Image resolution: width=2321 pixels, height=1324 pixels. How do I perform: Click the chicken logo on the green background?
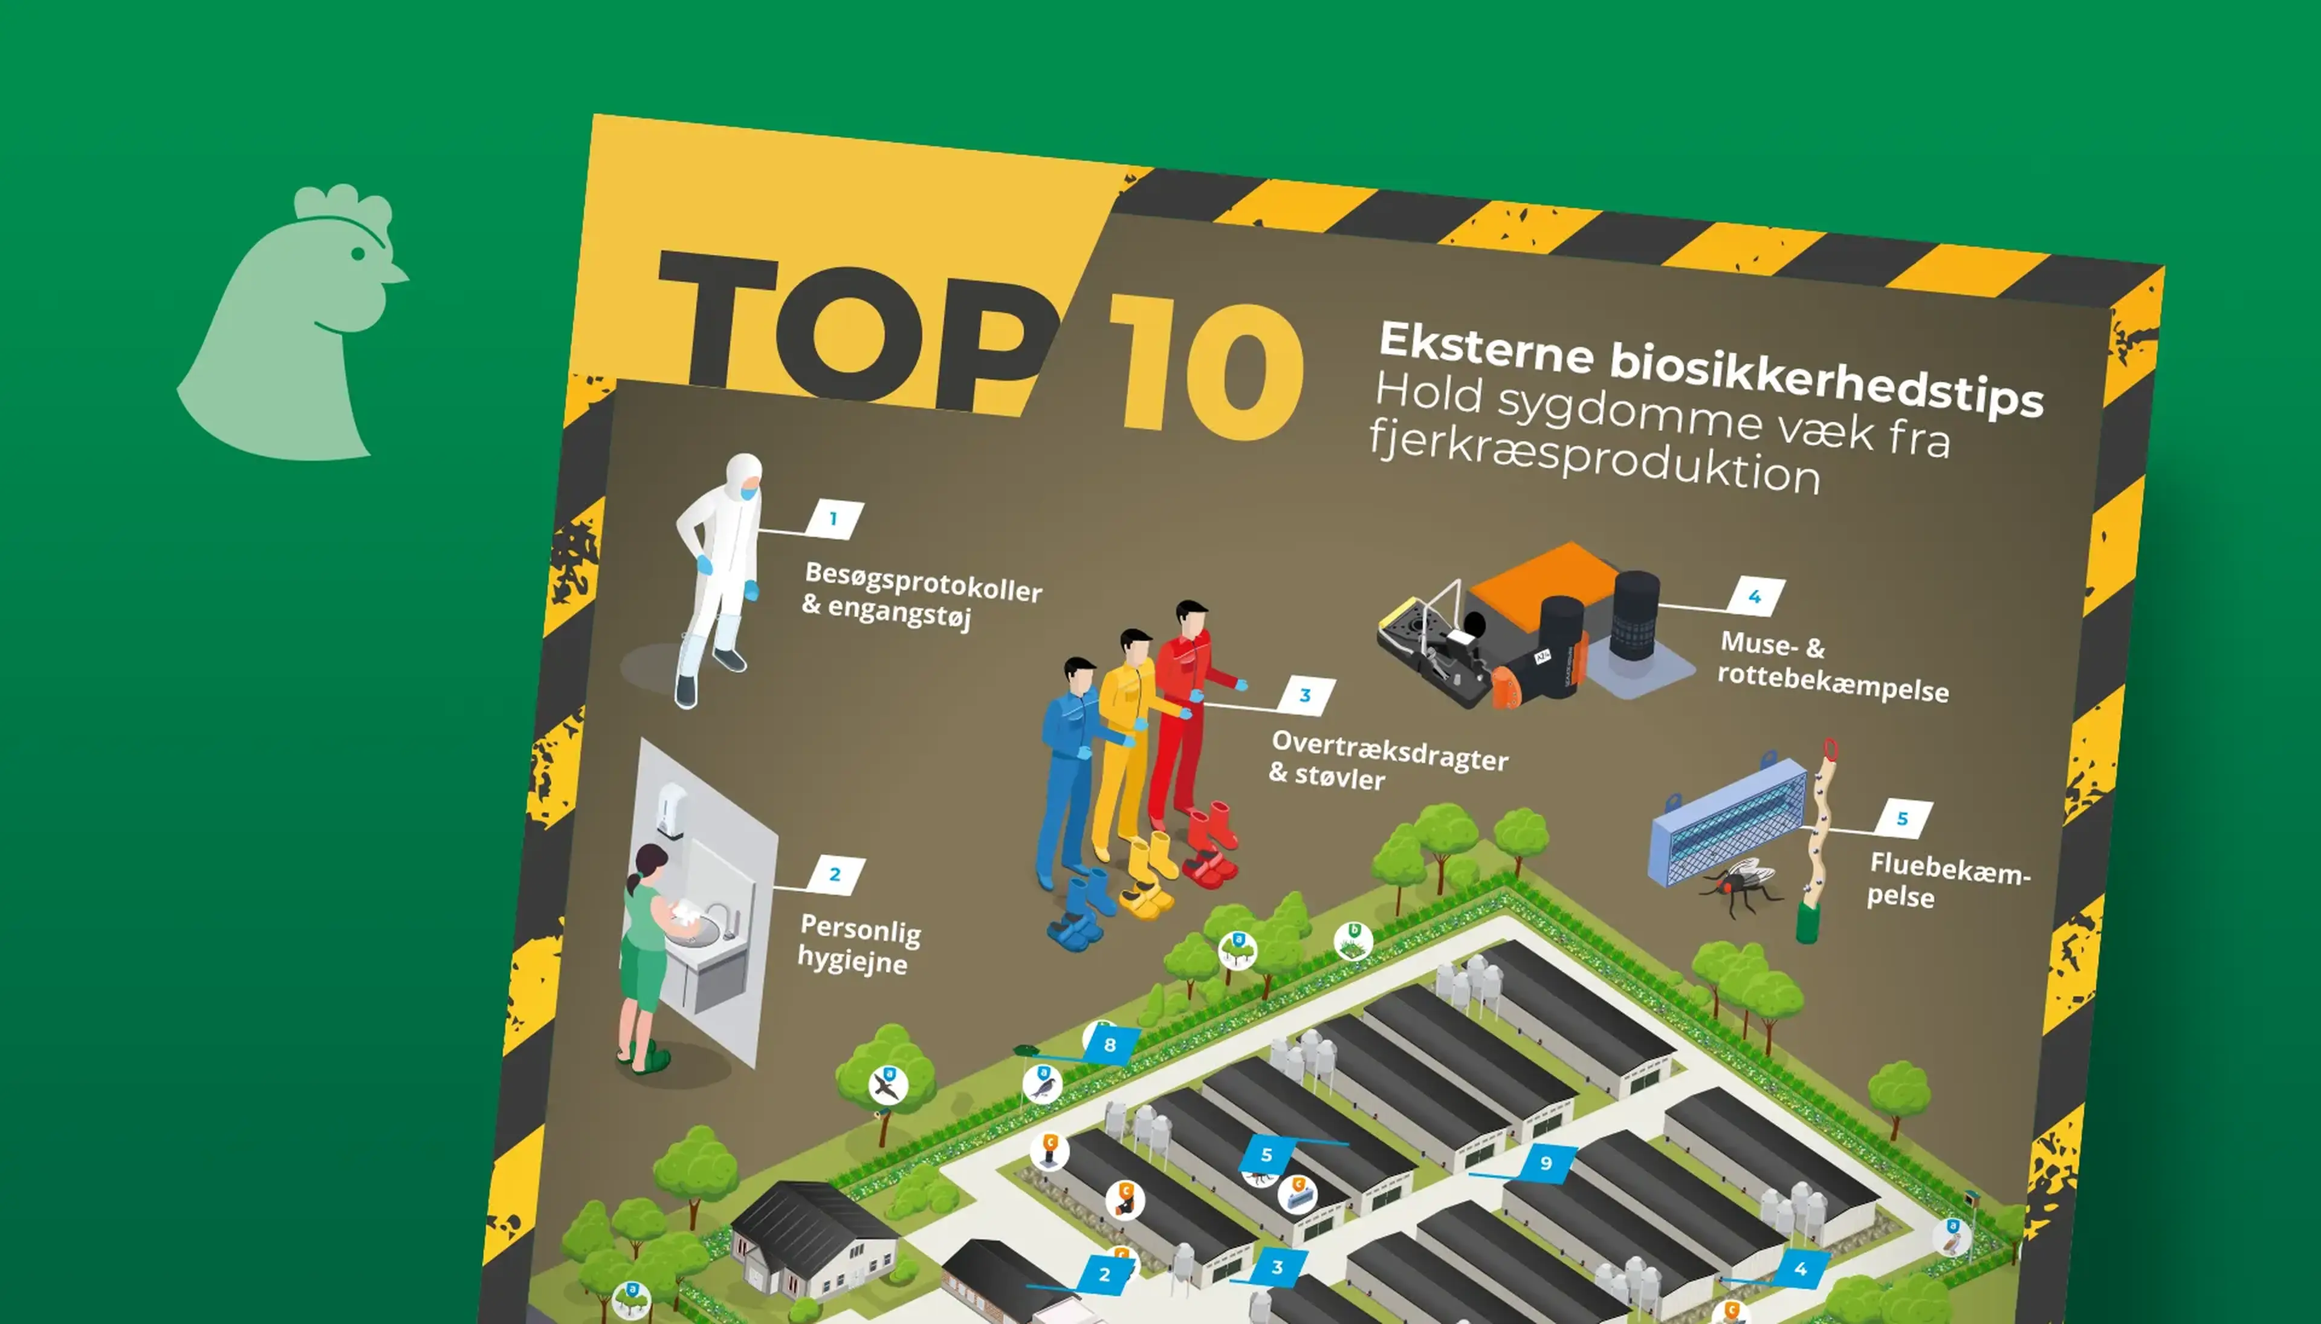(291, 327)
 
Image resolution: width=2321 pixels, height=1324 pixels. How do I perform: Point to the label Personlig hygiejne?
(859, 945)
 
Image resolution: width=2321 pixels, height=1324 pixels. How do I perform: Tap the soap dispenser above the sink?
(670, 810)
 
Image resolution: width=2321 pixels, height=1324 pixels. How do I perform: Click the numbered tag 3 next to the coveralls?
(1306, 696)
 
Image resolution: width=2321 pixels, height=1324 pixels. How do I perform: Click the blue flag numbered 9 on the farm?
(1546, 1163)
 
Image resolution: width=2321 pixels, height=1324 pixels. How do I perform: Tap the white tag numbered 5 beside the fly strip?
(1903, 819)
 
